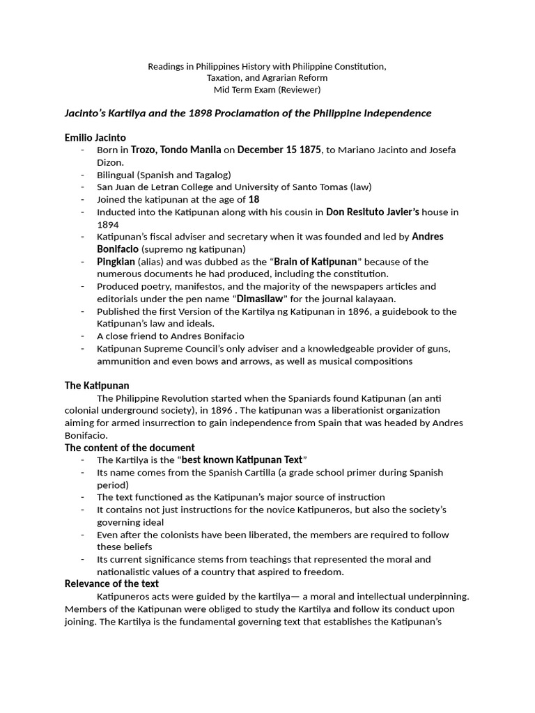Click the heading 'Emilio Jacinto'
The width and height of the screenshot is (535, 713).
pos(95,138)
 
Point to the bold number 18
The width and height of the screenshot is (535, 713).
pos(254,199)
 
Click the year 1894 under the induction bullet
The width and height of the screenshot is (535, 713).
pos(108,224)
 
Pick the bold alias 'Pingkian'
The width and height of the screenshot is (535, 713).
pos(116,262)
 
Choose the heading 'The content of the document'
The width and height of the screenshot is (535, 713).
pos(130,448)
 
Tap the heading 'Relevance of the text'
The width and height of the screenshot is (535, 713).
pos(111,583)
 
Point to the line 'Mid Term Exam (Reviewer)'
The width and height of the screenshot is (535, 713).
pos(267,90)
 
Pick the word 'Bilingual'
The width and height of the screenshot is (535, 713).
pos(117,175)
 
